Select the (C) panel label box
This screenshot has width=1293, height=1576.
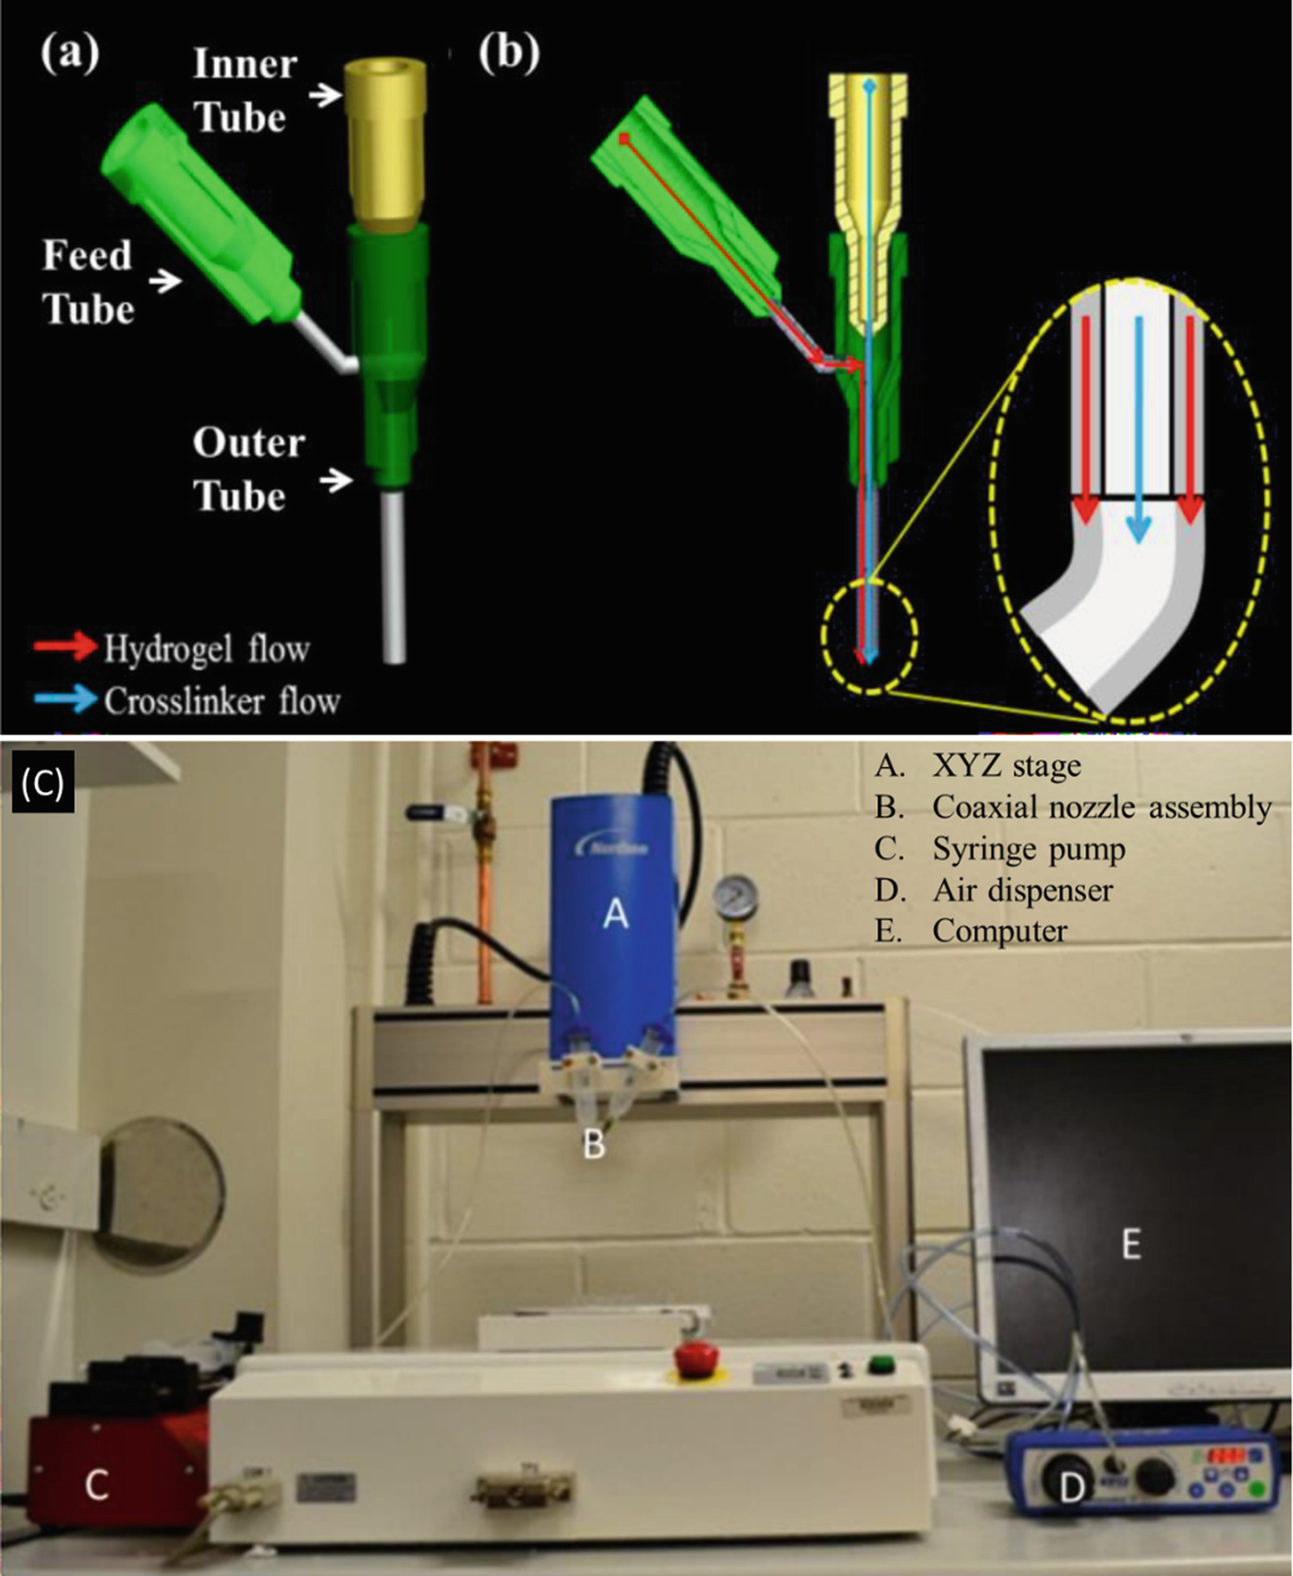click(x=42, y=783)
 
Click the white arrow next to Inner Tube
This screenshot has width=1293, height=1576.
click(x=324, y=94)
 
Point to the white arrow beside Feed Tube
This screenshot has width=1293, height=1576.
click(x=165, y=280)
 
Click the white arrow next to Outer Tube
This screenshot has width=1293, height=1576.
click(x=336, y=479)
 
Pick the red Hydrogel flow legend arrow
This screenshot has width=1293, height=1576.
click(x=65, y=647)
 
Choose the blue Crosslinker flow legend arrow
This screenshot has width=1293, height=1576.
click(x=65, y=698)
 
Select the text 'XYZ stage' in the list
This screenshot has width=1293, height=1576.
click(x=1006, y=766)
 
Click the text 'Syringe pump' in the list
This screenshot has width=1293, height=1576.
click(x=1028, y=849)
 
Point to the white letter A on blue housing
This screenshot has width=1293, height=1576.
click(x=614, y=914)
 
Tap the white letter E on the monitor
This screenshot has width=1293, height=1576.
click(x=1130, y=1244)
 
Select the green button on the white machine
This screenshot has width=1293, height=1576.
click(x=882, y=1364)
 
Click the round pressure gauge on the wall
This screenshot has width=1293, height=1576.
click(x=735, y=895)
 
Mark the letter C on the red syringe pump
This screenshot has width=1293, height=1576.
click(x=96, y=1485)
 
